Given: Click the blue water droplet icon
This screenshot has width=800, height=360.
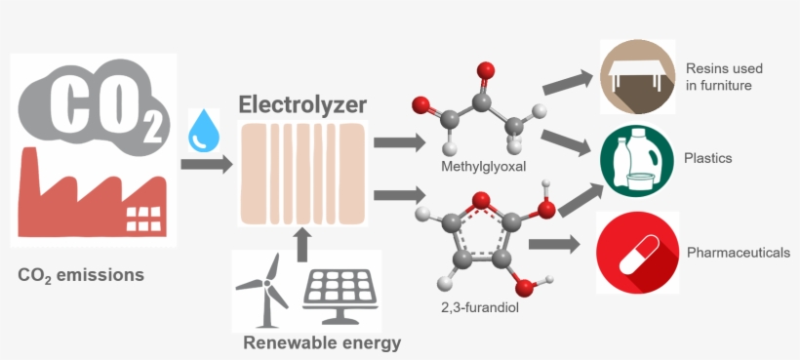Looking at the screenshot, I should pos(205,129).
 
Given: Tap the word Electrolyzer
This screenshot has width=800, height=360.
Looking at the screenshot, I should pos(302,103).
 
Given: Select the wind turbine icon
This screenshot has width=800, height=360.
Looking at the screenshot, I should pos(263,290).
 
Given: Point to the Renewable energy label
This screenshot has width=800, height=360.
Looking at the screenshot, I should pos(321,342).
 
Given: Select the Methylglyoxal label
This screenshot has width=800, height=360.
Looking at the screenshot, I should pos(483,168).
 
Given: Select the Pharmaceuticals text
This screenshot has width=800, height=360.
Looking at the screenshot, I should pos(739,253).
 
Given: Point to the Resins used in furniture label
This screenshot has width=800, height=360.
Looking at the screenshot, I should pos(724,77).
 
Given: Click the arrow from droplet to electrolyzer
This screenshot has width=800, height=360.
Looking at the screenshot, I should pos(206,163).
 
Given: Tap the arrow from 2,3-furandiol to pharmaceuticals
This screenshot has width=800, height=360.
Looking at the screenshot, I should pos(554,245).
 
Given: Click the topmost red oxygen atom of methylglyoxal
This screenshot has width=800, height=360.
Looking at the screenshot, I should pos(486,70).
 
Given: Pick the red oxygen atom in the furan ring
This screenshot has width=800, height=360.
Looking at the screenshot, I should pos(480,202).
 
